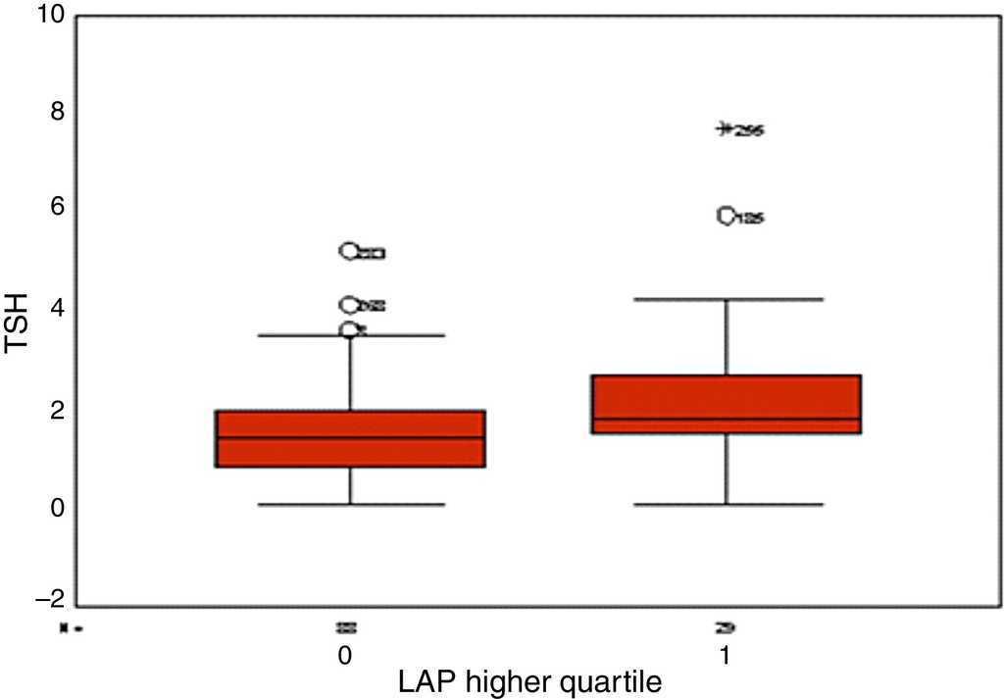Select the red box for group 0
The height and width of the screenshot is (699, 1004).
pos(351,438)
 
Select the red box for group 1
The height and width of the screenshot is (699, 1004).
pos(727,404)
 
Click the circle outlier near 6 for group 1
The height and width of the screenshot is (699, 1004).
pos(727,217)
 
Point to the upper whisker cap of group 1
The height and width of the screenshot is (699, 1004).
pos(727,298)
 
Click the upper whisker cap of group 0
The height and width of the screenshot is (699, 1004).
pos(351,335)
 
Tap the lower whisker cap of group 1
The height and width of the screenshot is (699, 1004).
pos(727,504)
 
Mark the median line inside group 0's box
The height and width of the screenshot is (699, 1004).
pos(351,437)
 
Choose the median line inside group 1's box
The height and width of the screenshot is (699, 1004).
pos(727,419)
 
